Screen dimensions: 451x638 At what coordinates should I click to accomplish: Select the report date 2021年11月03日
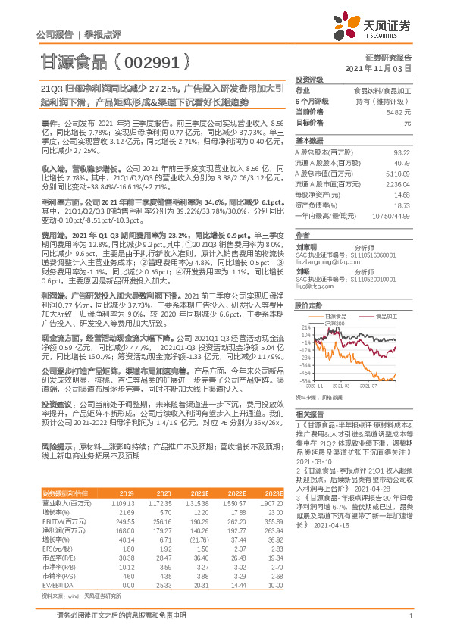383,68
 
